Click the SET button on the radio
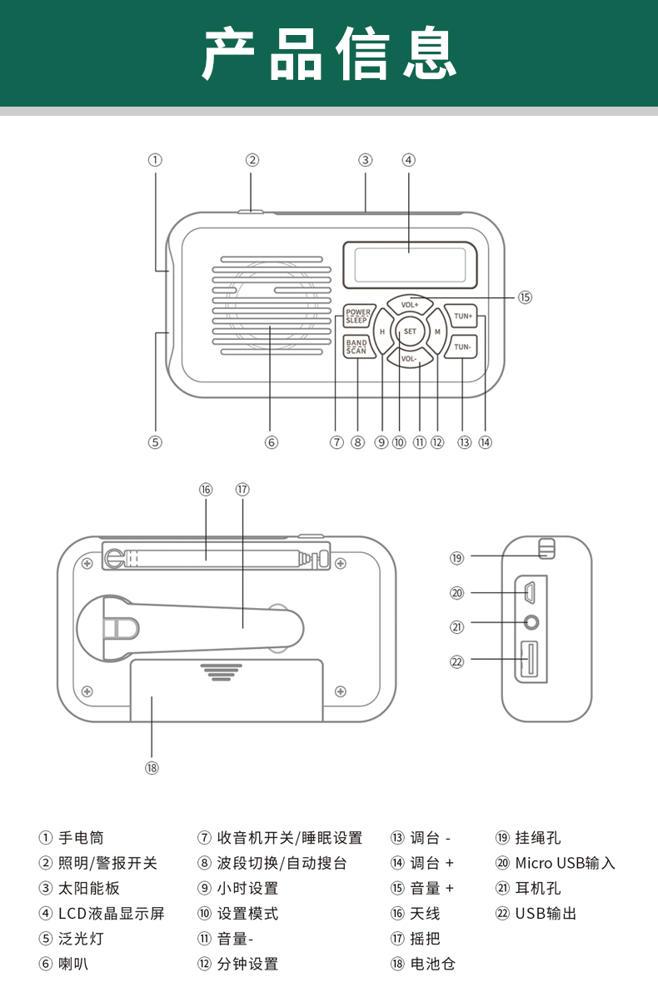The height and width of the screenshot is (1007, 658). pyautogui.click(x=410, y=332)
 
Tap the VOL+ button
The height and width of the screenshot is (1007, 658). pyautogui.click(x=410, y=305)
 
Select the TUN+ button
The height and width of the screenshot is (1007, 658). pyautogui.click(x=461, y=316)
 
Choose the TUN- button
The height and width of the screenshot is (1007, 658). pyautogui.click(x=461, y=346)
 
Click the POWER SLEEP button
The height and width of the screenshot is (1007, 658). pyautogui.click(x=358, y=316)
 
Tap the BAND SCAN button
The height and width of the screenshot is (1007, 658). pyautogui.click(x=357, y=346)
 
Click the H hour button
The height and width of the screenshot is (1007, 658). pyautogui.click(x=382, y=332)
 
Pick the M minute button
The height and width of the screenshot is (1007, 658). pyautogui.click(x=437, y=332)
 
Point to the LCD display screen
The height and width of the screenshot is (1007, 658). pyautogui.click(x=410, y=265)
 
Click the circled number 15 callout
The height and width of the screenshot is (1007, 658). pyautogui.click(x=525, y=297)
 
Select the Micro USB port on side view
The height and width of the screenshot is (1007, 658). pyautogui.click(x=530, y=592)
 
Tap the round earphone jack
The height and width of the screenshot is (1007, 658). pyautogui.click(x=531, y=623)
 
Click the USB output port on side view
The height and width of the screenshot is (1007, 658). pyautogui.click(x=529, y=660)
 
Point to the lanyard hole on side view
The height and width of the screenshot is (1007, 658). pyautogui.click(x=546, y=549)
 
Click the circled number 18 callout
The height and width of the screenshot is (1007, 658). pyautogui.click(x=152, y=768)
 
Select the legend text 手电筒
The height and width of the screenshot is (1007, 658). pyautogui.click(x=81, y=838)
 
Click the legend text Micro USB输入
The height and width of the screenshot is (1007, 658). pyautogui.click(x=565, y=863)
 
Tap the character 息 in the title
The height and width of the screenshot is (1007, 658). pyautogui.click(x=430, y=52)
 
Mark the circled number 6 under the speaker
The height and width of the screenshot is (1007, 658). pyautogui.click(x=271, y=442)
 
